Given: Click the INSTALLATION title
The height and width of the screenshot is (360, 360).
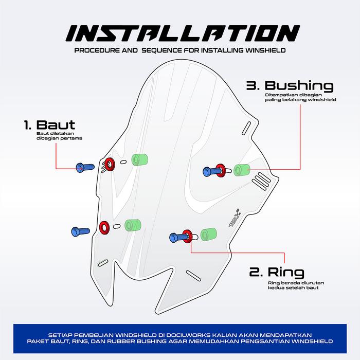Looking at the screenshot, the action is tap(183, 33).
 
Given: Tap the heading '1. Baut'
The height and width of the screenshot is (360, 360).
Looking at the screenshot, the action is tap(49, 125).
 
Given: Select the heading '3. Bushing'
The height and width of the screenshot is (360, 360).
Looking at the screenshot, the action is tap(290, 85).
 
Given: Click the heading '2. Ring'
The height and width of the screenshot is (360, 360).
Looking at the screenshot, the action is tap(277, 272).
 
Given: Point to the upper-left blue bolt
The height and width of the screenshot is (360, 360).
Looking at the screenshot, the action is tap(85, 167).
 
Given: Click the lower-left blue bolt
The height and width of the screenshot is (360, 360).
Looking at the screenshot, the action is tap(80, 231).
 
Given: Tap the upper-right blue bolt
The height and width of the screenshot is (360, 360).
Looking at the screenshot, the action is tap(212, 171).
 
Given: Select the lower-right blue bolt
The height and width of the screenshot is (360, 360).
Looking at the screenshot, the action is tap(178, 238).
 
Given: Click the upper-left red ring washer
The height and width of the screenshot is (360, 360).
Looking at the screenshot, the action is tap(110, 165).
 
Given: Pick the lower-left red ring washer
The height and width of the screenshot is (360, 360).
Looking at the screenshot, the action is tap(104, 228).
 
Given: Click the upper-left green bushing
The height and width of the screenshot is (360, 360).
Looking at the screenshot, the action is tap(139, 159).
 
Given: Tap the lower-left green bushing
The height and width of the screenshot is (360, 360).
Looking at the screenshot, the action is tap(133, 225).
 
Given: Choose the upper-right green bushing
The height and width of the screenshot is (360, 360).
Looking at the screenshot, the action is tap(242, 170).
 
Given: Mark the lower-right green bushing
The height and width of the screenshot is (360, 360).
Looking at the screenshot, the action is tap(209, 235).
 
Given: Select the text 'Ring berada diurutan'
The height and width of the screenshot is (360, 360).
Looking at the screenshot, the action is tap(296, 283).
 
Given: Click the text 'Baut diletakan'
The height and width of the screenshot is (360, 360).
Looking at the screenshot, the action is tap(56, 133).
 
